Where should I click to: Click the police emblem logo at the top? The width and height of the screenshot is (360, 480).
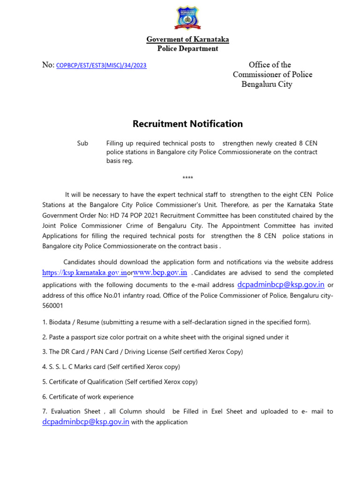(188, 18)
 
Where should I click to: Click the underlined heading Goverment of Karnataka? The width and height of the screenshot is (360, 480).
(187, 39)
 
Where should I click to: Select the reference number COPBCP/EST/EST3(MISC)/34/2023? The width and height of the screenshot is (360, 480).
(101, 66)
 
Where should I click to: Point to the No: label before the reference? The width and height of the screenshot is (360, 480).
(48, 65)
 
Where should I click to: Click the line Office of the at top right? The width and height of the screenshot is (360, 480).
(270, 65)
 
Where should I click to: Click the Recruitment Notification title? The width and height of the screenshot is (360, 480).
(187, 124)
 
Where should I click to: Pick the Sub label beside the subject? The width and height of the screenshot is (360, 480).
(82, 143)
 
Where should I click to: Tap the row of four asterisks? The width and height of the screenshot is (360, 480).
(187, 178)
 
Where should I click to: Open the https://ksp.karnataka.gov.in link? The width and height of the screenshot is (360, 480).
(84, 273)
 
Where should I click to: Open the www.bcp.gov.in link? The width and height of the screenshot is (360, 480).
(160, 272)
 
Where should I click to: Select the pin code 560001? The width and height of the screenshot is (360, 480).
(53, 305)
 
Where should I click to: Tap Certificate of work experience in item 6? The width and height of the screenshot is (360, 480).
(91, 397)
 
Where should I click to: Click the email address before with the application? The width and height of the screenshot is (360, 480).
(86, 422)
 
